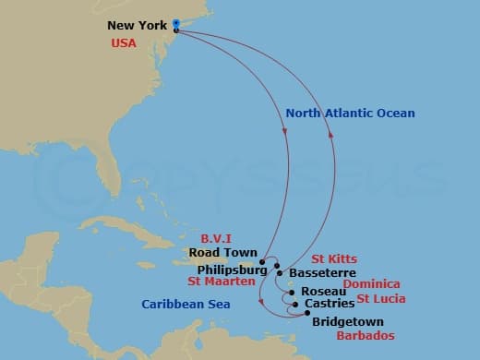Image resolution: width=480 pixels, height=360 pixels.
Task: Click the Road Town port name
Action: coord(222,252)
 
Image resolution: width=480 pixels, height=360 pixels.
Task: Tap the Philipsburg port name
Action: coord(231,269)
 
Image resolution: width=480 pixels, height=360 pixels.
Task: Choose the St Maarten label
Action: coord(221,281)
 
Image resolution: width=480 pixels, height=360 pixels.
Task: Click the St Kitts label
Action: coord(333,259)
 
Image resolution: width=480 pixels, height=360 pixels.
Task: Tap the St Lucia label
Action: coord(380,299)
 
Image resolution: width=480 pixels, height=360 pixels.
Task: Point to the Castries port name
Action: coord(328,304)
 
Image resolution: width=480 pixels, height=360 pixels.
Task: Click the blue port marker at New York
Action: coord(175,26)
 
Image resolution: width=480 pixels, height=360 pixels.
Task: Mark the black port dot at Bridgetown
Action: coord(307,313)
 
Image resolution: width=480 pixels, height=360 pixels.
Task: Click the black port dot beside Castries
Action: coord(294,303)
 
